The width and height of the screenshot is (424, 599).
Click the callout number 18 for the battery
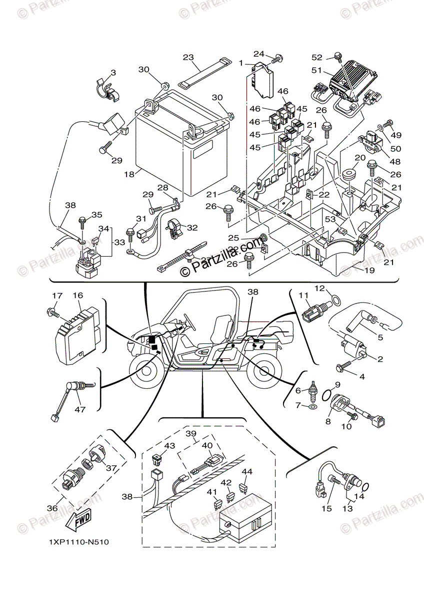pos(129,175)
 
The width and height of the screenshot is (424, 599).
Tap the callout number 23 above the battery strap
pos(187,58)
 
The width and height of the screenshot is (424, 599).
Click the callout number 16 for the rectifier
pos(77,296)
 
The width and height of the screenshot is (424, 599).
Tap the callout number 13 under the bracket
pos(346,508)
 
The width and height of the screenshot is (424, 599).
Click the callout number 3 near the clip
pos(113,73)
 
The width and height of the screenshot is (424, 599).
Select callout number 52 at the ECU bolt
pos(331,57)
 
